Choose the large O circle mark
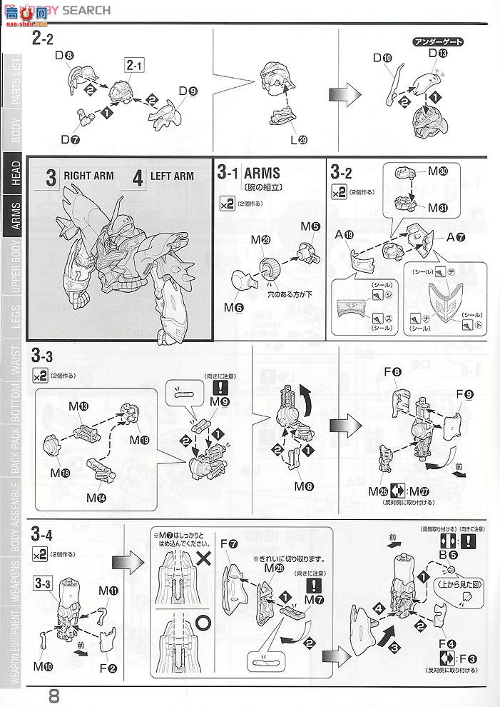[x=203, y=622]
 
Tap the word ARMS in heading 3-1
[x=262, y=173]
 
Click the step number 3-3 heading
[x=42, y=355]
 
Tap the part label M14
[x=96, y=496]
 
